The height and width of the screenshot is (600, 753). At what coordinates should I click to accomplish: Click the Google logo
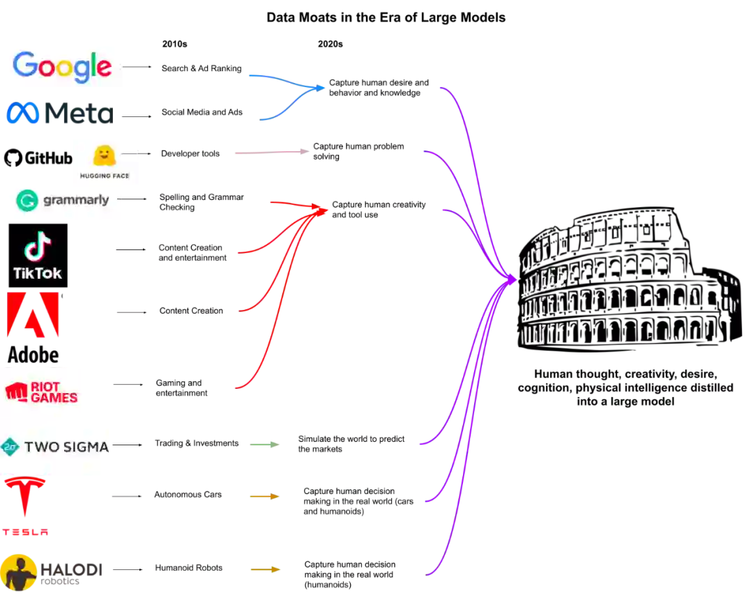point(61,66)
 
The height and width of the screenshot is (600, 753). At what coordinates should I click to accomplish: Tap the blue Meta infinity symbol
point(23,114)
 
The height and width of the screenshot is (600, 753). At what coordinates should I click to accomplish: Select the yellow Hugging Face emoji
point(105,155)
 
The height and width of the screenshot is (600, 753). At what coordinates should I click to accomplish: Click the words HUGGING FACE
point(105,176)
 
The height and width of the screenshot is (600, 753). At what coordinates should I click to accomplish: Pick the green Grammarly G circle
point(27,201)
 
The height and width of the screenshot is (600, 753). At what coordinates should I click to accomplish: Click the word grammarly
point(76,200)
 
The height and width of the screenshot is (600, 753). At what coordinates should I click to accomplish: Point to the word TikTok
point(38,272)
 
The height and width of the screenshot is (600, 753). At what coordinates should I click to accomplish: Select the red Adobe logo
point(33,315)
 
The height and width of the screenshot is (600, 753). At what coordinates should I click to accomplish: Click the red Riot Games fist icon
point(16,392)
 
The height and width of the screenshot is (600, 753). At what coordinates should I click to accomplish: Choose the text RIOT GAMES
point(54,392)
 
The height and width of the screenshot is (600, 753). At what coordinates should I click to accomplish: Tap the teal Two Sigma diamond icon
point(10,447)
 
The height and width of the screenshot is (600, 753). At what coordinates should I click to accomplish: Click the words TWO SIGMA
point(67,447)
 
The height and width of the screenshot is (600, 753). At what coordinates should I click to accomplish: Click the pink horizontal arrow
point(273,151)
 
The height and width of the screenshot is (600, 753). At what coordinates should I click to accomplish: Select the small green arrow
point(264,444)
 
